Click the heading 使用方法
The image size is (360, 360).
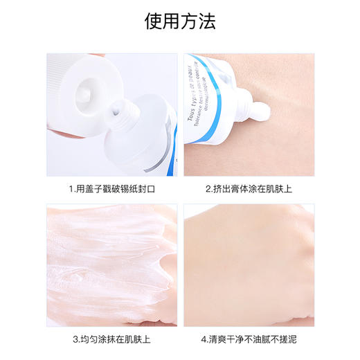coord(180,21)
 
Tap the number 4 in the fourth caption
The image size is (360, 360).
coord(203,340)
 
